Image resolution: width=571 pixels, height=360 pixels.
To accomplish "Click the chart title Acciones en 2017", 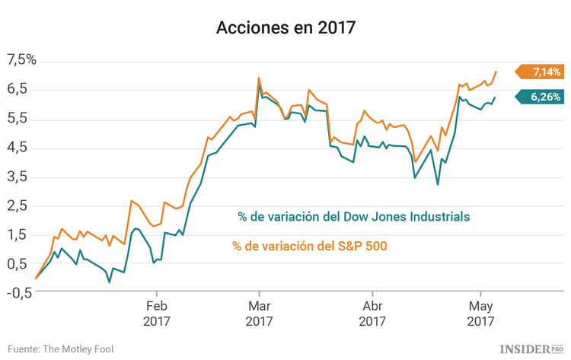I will click(x=285, y=28).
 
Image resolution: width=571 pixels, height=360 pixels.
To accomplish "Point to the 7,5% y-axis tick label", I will click(x=21, y=60).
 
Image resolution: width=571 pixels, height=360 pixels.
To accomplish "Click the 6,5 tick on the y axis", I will click(x=18, y=89).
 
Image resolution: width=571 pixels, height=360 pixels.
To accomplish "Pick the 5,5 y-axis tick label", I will click(x=18, y=118).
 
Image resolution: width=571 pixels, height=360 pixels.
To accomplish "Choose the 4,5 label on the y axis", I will click(x=18, y=147).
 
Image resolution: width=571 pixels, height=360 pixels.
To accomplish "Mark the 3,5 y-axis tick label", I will click(x=18, y=176).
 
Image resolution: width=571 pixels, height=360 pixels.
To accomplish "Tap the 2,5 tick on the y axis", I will click(x=18, y=205).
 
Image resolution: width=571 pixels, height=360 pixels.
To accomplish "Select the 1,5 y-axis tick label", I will click(x=18, y=234).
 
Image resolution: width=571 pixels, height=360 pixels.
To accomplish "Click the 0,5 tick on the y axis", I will click(x=18, y=263).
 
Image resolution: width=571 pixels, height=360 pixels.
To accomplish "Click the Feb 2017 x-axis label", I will click(x=157, y=314).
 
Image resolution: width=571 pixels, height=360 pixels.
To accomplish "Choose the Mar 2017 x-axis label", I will click(x=260, y=314).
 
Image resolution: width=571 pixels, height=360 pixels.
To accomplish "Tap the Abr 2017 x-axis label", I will click(x=372, y=314).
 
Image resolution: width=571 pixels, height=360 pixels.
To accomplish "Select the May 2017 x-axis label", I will click(x=480, y=314).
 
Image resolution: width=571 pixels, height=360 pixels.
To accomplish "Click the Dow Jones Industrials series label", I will click(x=353, y=217).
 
